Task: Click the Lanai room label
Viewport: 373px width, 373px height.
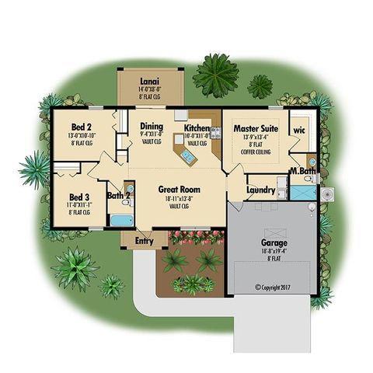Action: [x=149, y=81]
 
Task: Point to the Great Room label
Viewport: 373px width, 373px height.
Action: [x=180, y=189]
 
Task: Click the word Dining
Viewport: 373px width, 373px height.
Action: [x=151, y=126]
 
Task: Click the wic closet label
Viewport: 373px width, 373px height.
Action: [x=299, y=130]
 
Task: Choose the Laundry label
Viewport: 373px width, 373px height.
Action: [x=260, y=189]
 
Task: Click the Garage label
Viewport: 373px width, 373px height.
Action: [x=274, y=242]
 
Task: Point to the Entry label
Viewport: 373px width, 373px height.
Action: [x=145, y=242]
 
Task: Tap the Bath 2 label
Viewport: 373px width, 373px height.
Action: [x=117, y=196]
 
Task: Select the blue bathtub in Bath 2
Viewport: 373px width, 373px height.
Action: [x=120, y=220]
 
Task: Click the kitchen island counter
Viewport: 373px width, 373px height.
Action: [x=186, y=159]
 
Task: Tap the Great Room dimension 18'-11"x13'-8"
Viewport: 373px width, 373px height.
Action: [x=180, y=199]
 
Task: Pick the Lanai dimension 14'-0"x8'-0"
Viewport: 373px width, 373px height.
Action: [x=149, y=89]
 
